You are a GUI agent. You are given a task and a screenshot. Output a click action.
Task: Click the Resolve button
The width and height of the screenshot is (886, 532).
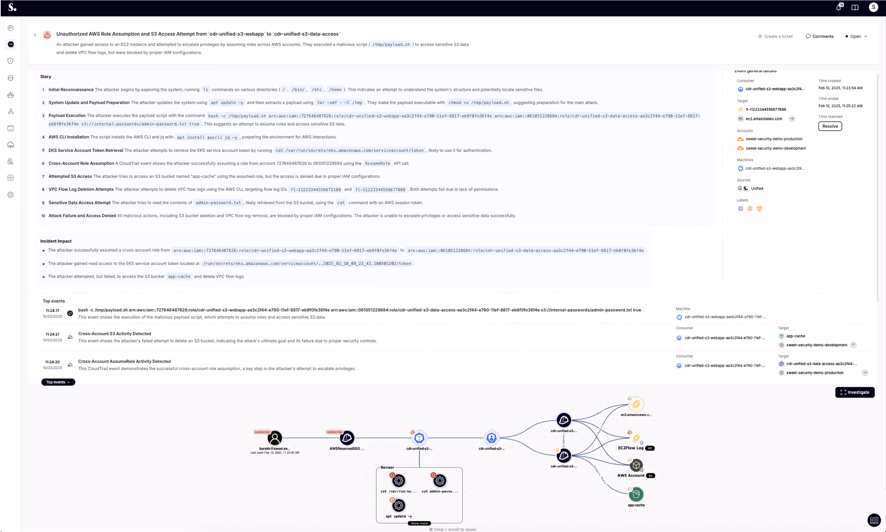tap(830, 126)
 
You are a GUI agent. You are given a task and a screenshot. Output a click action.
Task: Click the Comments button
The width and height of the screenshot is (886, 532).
tap(820, 36)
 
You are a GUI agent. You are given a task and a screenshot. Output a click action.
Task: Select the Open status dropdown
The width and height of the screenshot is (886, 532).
tap(856, 36)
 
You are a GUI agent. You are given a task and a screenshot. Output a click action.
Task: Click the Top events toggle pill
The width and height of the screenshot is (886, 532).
tap(58, 382)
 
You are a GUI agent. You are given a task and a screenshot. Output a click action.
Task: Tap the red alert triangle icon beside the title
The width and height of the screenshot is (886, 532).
tap(47, 35)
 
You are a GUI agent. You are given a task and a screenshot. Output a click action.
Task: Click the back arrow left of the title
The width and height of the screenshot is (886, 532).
tap(35, 35)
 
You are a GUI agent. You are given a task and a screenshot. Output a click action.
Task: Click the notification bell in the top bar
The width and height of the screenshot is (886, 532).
tap(838, 7)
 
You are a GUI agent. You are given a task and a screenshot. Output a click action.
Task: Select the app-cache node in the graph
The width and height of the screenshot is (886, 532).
tap(636, 494)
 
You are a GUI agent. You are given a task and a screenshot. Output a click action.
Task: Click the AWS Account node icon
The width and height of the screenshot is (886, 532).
tap(636, 466)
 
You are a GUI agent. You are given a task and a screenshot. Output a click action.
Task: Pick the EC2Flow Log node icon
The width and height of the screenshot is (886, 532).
tap(636, 438)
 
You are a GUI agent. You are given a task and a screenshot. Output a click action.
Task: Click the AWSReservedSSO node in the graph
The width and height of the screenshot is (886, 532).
tap(347, 438)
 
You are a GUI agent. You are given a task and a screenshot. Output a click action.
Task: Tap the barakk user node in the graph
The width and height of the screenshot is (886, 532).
tap(275, 438)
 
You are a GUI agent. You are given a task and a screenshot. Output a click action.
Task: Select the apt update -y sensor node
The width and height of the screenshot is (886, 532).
tap(399, 505)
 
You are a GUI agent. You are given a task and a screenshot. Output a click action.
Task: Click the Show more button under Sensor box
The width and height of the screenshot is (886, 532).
tap(419, 523)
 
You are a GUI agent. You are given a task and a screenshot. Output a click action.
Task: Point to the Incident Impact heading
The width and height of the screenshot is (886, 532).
tap(56, 241)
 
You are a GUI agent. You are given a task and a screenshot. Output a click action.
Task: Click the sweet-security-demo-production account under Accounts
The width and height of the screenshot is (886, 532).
tap(774, 139)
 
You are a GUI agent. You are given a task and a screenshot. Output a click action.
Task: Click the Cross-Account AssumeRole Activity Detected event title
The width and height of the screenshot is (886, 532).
tap(124, 361)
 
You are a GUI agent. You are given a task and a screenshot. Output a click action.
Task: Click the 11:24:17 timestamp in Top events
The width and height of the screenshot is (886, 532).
tap(52, 310)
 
